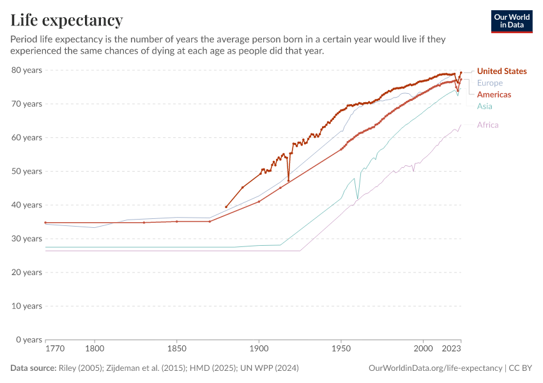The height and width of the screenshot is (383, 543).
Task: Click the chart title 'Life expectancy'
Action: pos(66,20)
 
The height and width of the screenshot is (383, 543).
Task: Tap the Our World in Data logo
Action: pos(512,21)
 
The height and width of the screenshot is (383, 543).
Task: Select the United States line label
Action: pos(501,71)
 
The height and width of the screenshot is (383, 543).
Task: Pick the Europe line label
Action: pos(489,83)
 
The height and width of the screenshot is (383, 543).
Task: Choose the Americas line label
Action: pos(494,94)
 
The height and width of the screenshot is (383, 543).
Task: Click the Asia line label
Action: pos(484,106)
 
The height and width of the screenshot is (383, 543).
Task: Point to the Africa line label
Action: pos(487,125)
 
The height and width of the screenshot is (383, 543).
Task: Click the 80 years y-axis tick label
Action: pos(27,70)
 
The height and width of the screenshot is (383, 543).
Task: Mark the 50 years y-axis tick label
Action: pos(27,171)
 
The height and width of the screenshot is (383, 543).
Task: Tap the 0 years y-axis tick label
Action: pos(29,340)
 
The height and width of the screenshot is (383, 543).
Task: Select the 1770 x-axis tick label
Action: pos(55,350)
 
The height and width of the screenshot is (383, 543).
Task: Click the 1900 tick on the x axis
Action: pos(259,350)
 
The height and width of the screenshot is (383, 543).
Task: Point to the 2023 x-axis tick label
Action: pos(452,350)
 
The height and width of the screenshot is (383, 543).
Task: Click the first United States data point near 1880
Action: pos(226,207)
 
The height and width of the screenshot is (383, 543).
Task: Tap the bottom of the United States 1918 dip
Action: pos(289,181)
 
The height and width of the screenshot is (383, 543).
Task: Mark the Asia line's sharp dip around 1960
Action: pos(358,199)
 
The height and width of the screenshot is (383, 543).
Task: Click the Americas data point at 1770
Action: pos(45,223)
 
